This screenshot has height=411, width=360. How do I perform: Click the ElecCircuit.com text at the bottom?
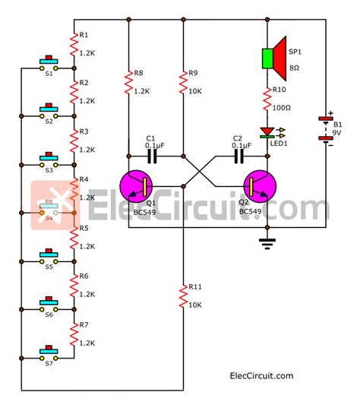pos(261,375)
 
